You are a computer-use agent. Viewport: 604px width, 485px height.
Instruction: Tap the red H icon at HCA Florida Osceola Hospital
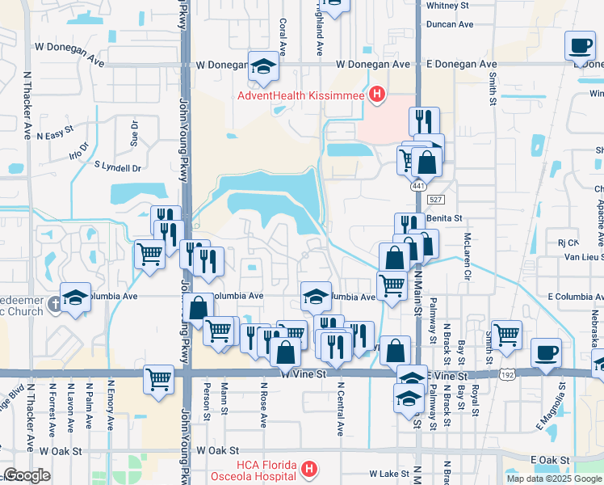click(308, 469)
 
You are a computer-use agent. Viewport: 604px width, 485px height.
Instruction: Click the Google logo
click(27, 476)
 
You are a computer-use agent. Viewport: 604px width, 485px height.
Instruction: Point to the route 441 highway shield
click(417, 186)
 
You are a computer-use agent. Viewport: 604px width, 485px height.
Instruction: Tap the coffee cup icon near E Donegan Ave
click(578, 46)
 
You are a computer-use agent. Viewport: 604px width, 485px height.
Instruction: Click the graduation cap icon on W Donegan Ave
click(262, 68)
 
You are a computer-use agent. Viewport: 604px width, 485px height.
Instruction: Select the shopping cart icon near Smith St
click(506, 334)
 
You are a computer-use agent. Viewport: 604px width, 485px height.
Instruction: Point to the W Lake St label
click(385, 473)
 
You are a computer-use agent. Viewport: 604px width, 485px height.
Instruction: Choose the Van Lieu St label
click(583, 256)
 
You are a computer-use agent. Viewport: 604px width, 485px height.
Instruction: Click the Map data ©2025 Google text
click(553, 479)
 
